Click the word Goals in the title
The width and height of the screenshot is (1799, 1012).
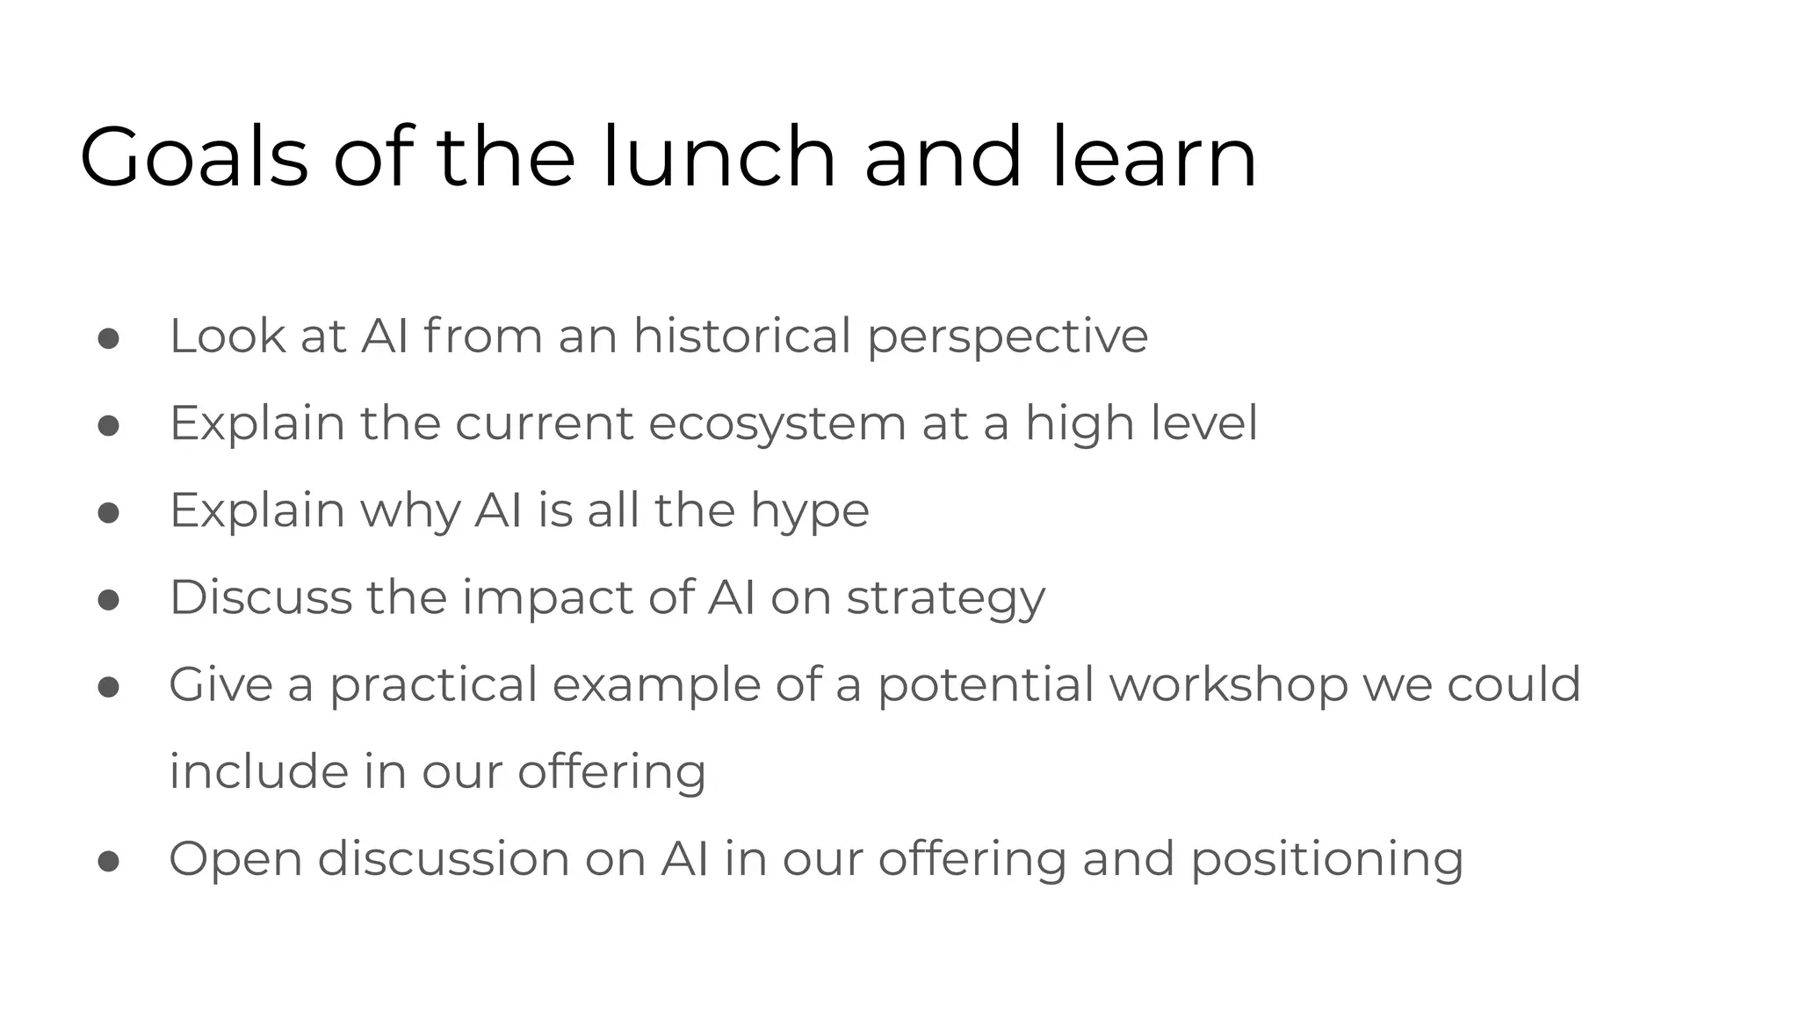[193, 158]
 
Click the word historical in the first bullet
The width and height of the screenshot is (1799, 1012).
[742, 336]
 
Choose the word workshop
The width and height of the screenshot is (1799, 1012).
[1228, 685]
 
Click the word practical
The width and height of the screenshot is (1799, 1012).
[433, 685]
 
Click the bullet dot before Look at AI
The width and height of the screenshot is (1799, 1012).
[109, 339]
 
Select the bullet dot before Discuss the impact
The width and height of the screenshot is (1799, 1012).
[109, 600]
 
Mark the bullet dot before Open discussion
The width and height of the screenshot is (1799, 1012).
[109, 862]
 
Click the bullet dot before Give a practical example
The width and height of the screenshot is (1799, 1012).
[109, 687]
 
